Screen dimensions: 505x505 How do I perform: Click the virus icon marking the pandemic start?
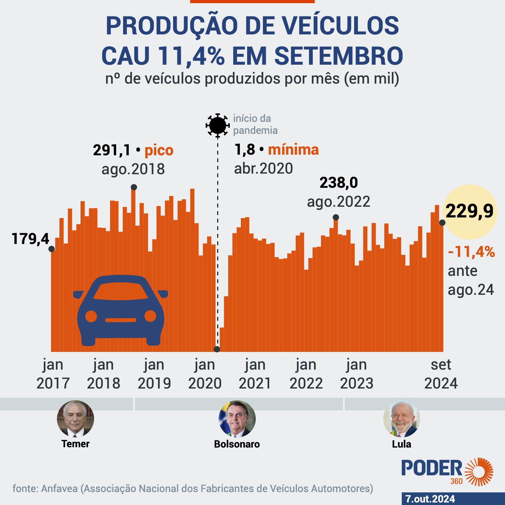tap(217, 125)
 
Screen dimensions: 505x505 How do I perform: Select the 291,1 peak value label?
tap(112, 150)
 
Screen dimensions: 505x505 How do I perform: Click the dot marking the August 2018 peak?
tap(134, 187)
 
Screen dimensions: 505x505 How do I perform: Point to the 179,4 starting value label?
tap(30, 239)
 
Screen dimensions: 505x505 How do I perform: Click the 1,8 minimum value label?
tap(245, 150)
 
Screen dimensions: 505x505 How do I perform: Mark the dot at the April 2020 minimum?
tap(217, 349)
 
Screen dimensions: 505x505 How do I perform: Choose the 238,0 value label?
tap(339, 183)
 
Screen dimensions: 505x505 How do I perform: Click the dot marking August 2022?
tap(336, 217)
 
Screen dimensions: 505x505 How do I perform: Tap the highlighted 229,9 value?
tap(470, 211)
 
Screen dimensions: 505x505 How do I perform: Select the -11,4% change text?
tap(471, 252)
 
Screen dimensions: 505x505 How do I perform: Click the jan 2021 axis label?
tap(255, 374)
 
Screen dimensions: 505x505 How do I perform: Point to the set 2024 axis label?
tap(441, 374)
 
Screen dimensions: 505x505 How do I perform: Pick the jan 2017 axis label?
tap(53, 374)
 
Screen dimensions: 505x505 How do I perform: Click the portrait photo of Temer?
tap(75, 419)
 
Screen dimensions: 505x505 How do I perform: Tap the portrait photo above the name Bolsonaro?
tap(237, 419)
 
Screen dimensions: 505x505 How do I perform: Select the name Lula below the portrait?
tap(401, 444)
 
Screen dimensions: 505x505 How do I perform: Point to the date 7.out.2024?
tap(430, 499)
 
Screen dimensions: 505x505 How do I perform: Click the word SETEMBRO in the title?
tap(339, 56)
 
